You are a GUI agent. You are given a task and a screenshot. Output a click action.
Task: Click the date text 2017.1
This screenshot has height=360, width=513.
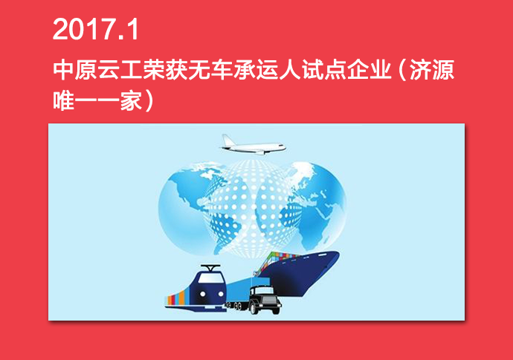95,29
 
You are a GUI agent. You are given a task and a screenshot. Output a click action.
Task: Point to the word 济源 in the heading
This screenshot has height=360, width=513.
432,70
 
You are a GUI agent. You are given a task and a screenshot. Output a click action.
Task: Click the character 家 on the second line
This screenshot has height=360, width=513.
131,100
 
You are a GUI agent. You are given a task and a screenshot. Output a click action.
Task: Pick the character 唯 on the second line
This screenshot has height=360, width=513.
63,100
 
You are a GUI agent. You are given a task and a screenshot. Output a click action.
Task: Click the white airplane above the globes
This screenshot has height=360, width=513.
253,145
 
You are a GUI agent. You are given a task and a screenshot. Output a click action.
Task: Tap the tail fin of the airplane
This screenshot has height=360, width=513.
227,139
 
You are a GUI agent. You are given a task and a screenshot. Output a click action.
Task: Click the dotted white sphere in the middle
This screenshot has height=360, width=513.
252,207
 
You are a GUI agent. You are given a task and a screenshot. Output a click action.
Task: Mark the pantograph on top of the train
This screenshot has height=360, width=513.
210,268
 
